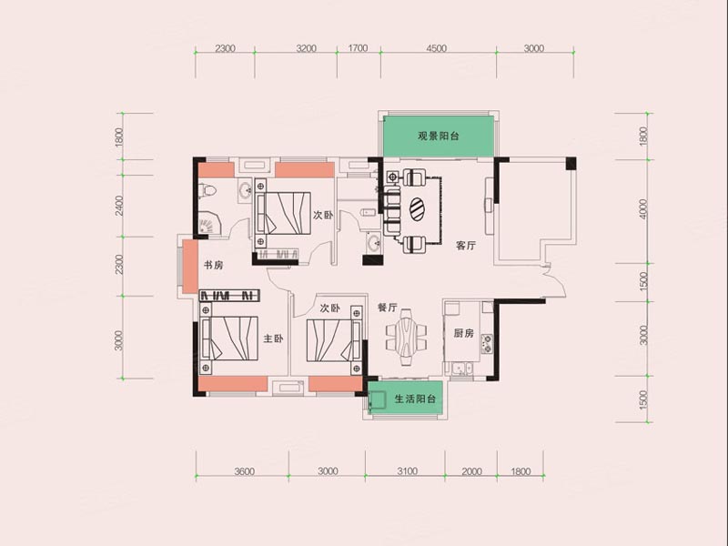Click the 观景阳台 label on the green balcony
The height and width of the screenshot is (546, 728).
(x=438, y=136)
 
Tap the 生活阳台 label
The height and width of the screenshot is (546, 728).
(x=415, y=399)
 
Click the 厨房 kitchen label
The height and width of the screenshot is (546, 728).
(x=464, y=333)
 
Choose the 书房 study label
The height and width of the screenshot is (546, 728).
(x=213, y=265)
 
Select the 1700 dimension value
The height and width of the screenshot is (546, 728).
(x=358, y=48)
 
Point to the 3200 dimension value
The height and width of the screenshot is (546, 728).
(x=306, y=48)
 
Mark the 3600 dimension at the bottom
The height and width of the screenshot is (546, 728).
(x=243, y=471)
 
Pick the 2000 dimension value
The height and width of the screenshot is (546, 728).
(x=471, y=471)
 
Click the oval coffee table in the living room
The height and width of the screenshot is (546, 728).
(x=417, y=209)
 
